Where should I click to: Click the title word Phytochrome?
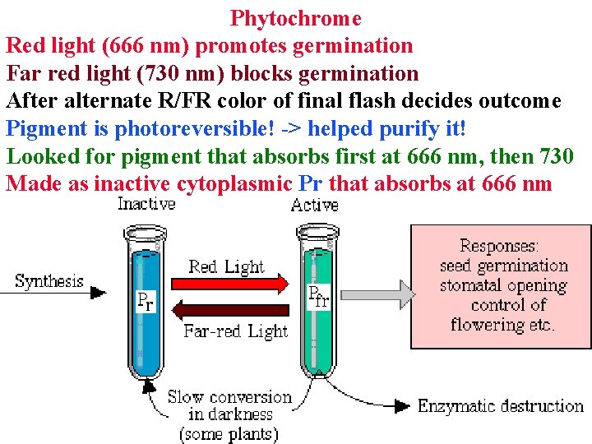pyautogui.click(x=296, y=17)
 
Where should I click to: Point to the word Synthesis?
pyautogui.click(x=49, y=281)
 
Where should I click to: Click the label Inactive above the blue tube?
pyautogui.click(x=146, y=204)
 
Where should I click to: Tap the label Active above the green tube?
pyautogui.click(x=314, y=205)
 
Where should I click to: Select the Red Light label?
pyautogui.click(x=226, y=266)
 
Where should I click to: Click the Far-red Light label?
pyautogui.click(x=236, y=331)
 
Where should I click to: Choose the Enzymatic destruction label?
pyautogui.click(x=500, y=405)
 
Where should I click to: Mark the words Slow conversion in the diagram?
pyautogui.click(x=229, y=397)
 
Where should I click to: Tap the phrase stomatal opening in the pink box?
pyautogui.click(x=503, y=285)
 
